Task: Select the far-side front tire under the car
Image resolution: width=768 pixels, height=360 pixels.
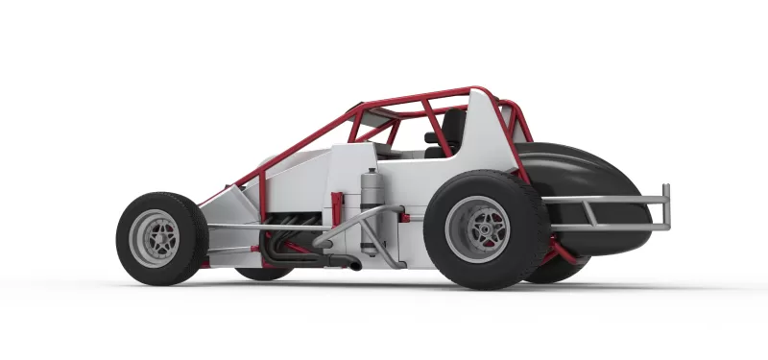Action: (264, 273)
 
